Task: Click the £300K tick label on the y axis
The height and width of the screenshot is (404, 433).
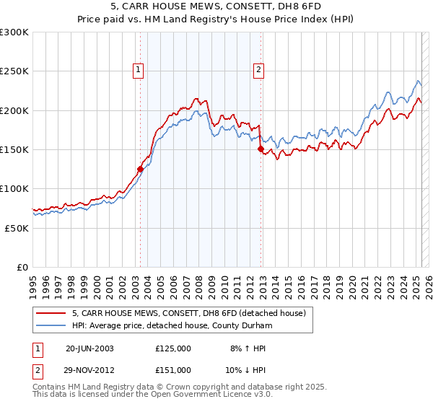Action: (x=14, y=32)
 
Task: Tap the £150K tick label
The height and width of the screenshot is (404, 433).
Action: (x=14, y=149)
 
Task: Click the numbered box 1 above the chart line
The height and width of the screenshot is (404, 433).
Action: (x=137, y=70)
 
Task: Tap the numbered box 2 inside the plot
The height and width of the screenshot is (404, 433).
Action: (x=258, y=70)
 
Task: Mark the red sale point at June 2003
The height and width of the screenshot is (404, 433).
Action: (x=140, y=170)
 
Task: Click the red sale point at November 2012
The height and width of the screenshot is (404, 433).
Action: (x=261, y=149)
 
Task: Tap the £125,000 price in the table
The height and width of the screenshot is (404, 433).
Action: (x=172, y=348)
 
